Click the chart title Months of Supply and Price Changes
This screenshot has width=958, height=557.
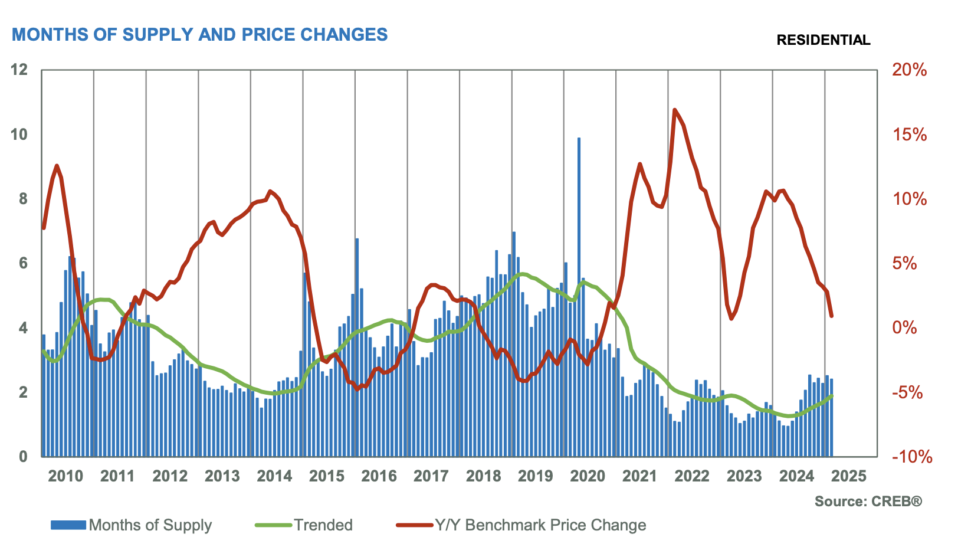coord(199,35)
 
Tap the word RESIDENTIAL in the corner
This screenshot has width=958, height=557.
coord(823,40)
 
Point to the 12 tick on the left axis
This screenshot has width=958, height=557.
coord(20,70)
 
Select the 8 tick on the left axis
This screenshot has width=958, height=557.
coord(24,199)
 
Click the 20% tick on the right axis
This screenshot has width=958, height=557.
coord(909,70)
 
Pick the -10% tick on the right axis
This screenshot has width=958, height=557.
coord(912,457)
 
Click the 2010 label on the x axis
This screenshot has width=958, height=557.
coord(65,476)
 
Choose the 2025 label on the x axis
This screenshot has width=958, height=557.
coord(849,476)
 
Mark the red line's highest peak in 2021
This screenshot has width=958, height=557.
coord(675,110)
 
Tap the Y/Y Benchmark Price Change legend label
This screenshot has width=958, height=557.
coord(540,525)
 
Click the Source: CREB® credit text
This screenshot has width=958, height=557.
coord(868,502)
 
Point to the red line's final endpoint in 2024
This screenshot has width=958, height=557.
coord(831,316)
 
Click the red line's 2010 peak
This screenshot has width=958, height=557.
coord(57,166)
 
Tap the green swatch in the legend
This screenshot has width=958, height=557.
coord(273,525)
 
